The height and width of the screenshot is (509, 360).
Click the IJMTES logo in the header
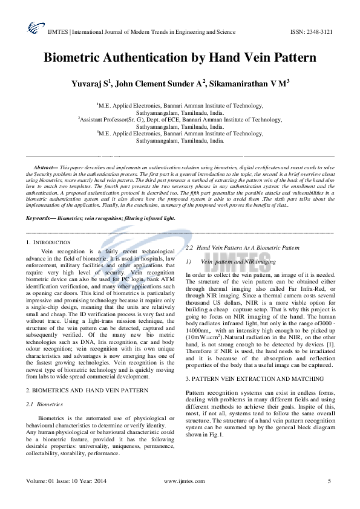click(32, 27)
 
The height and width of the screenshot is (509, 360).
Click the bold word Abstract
click(44, 166)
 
